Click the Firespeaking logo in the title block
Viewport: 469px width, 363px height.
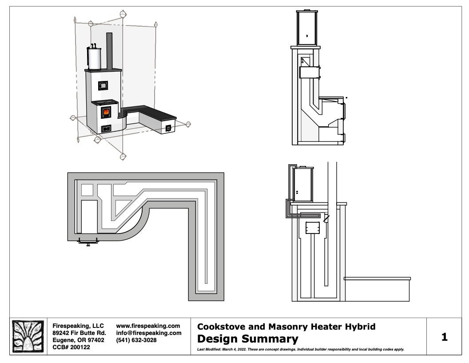click(x=28, y=336)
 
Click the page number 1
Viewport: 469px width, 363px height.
click(x=445, y=337)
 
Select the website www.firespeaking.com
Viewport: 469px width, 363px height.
click(x=148, y=326)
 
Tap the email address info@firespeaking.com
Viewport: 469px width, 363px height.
click(x=149, y=333)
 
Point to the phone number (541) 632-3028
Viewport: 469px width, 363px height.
click(x=136, y=340)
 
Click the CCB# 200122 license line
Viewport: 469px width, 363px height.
click(x=71, y=347)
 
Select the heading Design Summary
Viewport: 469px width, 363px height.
click(x=248, y=339)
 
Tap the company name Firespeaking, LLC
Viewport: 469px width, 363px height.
click(x=78, y=326)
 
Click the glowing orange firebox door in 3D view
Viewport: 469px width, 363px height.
click(x=106, y=113)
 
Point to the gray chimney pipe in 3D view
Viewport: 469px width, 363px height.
click(x=110, y=51)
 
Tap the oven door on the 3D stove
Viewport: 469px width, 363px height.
click(x=103, y=86)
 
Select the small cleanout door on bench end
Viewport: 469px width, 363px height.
click(x=168, y=128)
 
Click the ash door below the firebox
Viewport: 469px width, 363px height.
click(x=107, y=129)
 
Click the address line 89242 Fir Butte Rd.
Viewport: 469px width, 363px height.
click(x=79, y=333)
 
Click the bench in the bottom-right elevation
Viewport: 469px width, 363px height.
click(x=377, y=289)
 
